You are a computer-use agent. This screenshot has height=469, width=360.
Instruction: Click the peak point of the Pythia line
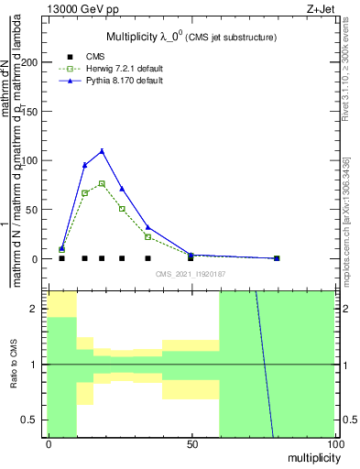click(102, 151)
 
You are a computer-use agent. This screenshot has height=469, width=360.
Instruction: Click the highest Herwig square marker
click(102, 183)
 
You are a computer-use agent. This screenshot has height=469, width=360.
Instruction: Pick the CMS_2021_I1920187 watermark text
click(191, 273)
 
